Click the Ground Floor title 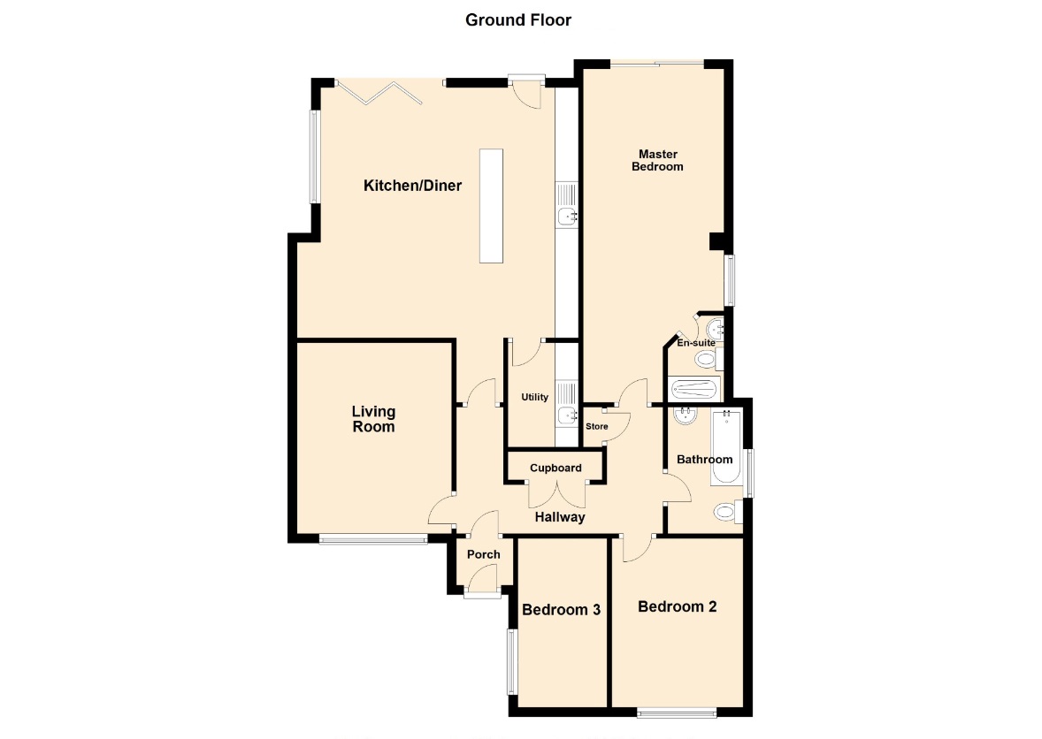tap(518, 20)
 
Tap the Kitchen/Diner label tap(413, 186)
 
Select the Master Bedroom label tap(657, 160)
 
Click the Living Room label tap(373, 419)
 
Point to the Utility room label tap(535, 397)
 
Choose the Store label tap(597, 426)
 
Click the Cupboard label tap(555, 469)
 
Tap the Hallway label tap(560, 516)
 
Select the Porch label tap(484, 554)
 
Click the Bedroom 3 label tap(562, 610)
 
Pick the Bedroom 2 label tap(678, 606)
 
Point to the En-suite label tap(696, 343)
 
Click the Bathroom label tap(704, 460)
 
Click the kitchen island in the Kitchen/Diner tap(491, 206)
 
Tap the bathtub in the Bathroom tap(726, 447)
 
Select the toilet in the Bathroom tap(728, 512)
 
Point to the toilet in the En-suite tap(709, 360)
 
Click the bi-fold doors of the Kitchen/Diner tap(379, 92)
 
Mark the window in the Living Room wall tap(372, 540)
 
